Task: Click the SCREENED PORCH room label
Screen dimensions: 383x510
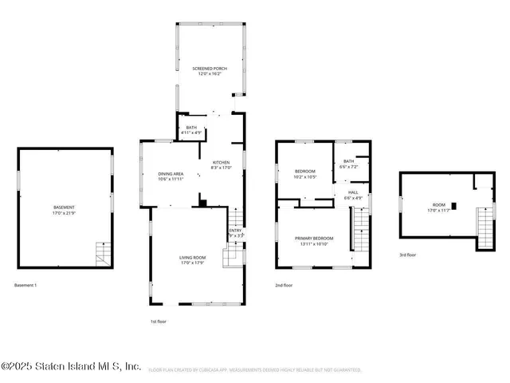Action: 210,69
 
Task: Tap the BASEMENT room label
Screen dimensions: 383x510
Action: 65,207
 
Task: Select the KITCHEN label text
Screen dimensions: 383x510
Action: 221,162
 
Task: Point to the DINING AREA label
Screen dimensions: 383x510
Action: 171,173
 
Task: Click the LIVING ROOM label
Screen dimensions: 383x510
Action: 192,257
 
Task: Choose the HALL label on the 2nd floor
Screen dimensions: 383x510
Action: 353,192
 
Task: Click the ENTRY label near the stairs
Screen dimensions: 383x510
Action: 234,231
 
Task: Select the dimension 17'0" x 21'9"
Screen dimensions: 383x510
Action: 65,214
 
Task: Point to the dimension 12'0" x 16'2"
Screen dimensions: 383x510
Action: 210,75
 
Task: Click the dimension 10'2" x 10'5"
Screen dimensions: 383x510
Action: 305,177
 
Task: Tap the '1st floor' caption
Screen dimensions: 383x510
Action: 159,321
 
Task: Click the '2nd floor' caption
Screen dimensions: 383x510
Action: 284,285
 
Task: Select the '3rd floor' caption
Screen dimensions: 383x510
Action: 408,255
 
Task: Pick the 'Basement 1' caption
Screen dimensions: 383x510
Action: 25,285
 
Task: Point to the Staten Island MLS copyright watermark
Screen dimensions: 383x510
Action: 72,366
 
